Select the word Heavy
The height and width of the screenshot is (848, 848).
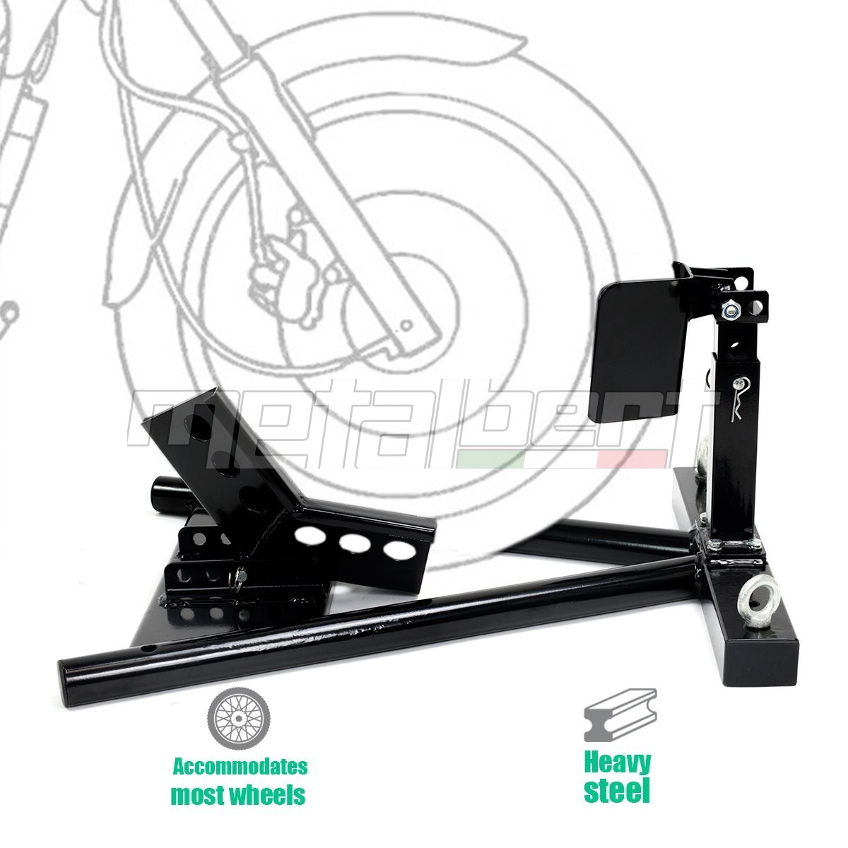[618, 777]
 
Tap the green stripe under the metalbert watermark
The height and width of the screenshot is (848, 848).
[490, 460]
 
